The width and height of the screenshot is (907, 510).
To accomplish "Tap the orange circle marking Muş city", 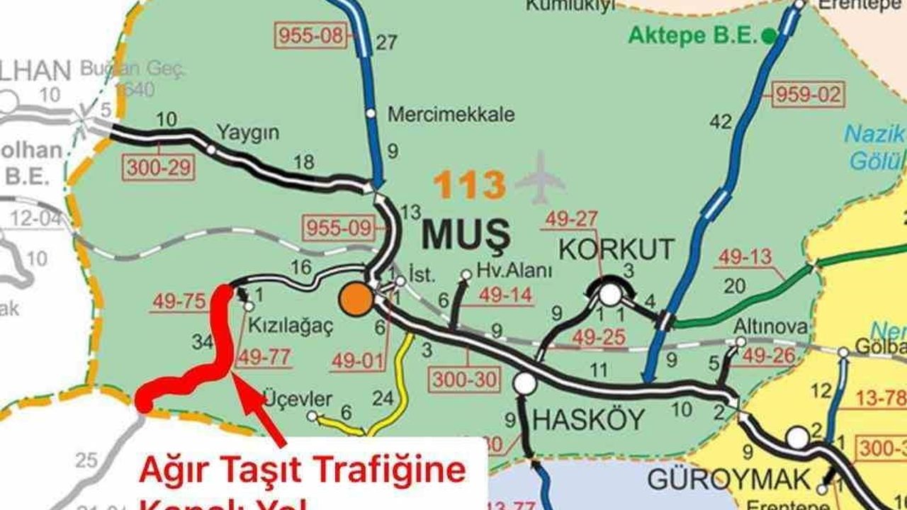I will [x=356, y=300].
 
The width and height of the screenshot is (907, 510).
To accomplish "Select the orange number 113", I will [x=469, y=185].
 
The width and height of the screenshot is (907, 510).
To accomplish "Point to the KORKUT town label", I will [x=616, y=250].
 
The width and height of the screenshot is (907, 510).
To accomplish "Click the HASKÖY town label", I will [x=588, y=420].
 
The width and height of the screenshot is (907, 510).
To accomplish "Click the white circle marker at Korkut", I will [x=609, y=293].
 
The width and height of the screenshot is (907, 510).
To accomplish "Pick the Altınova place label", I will [x=770, y=327].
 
